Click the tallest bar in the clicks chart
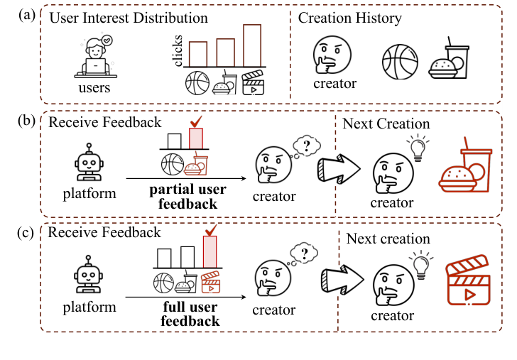252,46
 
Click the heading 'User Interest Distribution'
129,18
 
